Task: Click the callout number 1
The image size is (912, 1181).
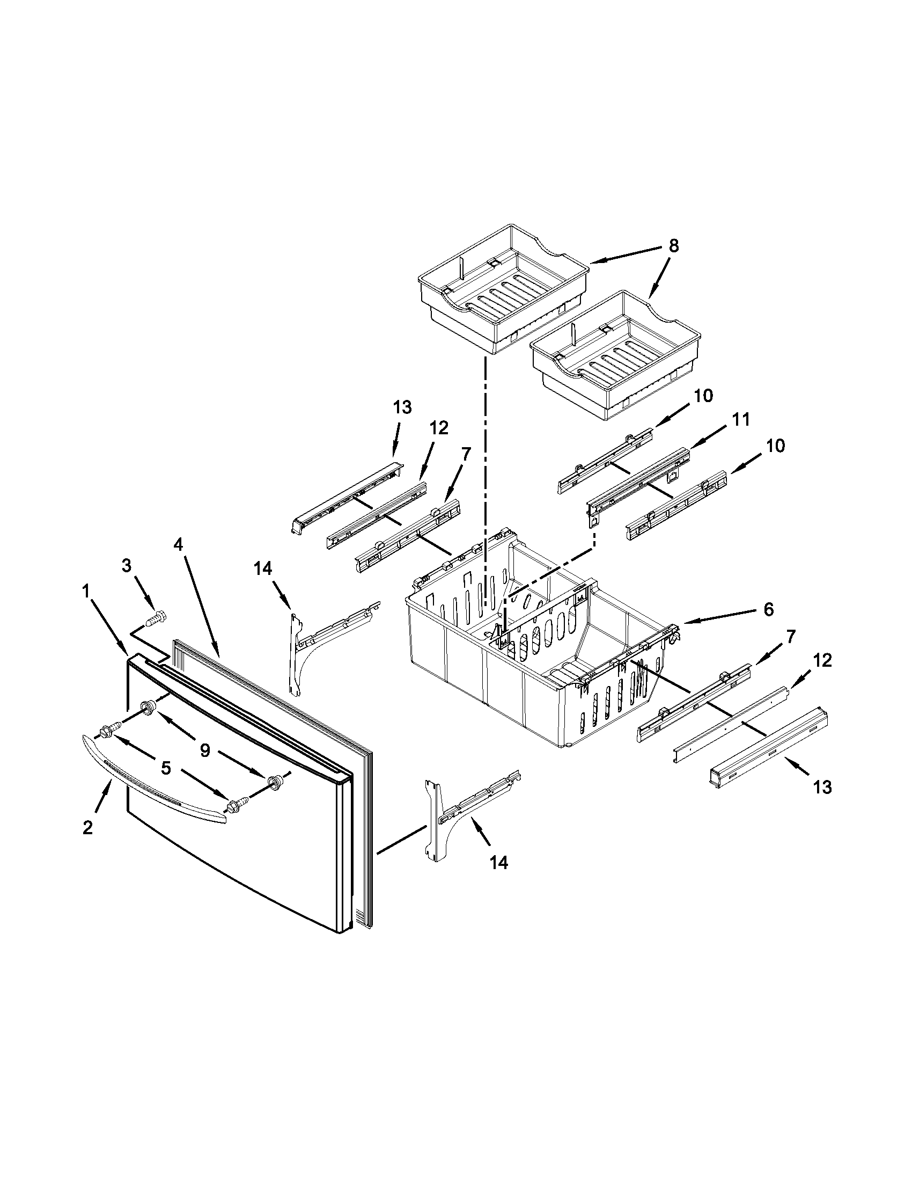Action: (x=85, y=593)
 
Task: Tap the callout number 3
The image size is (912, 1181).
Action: (x=126, y=566)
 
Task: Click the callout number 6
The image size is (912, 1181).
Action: (x=768, y=609)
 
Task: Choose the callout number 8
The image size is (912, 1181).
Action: (x=673, y=245)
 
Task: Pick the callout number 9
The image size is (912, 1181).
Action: (x=205, y=751)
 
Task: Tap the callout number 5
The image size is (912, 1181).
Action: (x=166, y=767)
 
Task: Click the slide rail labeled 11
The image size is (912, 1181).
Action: (x=637, y=482)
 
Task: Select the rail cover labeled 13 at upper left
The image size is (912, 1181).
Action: (x=346, y=490)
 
